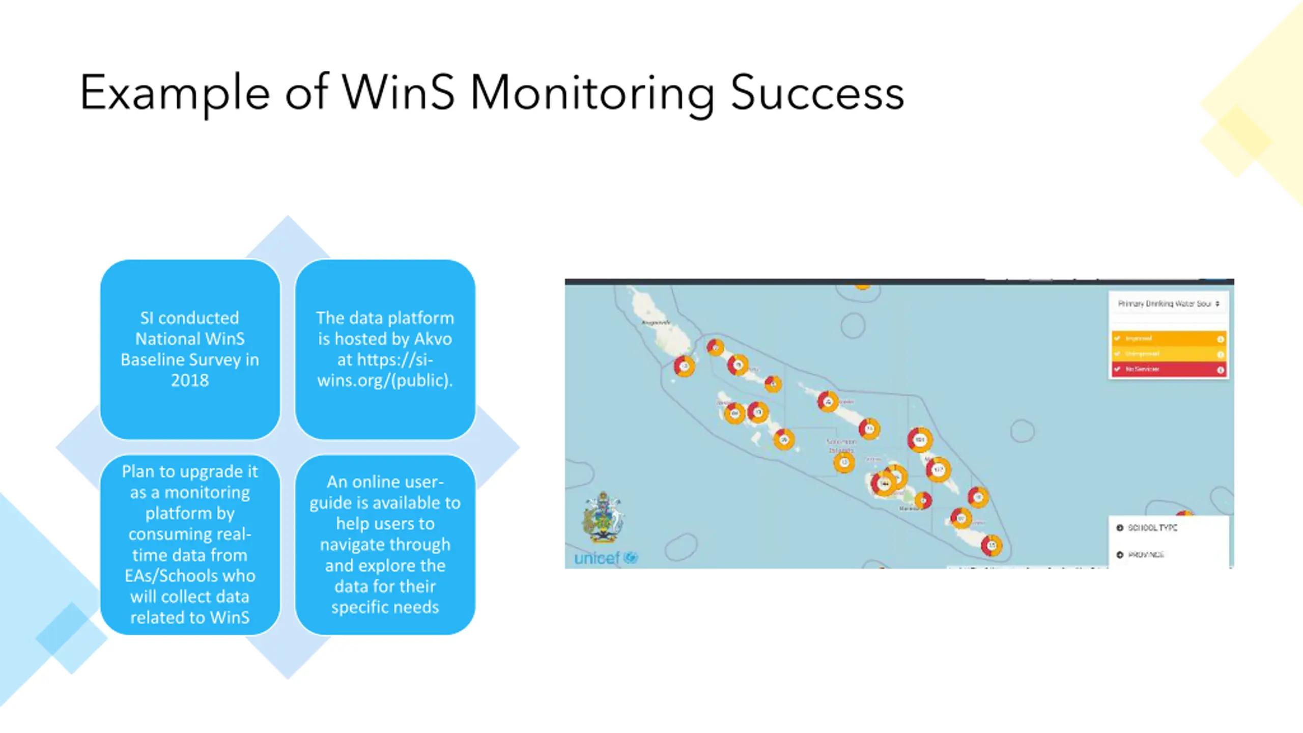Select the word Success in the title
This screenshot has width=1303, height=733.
[817, 94]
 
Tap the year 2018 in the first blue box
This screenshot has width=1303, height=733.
[190, 380]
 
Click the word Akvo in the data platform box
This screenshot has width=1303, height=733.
[433, 339]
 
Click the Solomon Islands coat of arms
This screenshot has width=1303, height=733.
[603, 517]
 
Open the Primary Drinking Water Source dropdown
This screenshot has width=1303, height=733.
[1168, 304]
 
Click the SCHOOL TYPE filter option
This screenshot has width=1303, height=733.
[1152, 528]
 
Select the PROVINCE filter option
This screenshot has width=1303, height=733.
[1146, 554]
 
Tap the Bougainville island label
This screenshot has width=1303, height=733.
[656, 323]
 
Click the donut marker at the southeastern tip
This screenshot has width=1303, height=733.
[991, 546]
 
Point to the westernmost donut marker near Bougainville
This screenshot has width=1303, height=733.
[684, 366]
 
